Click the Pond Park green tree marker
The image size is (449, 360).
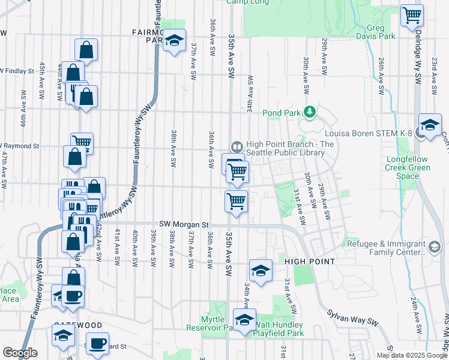tap(310, 112)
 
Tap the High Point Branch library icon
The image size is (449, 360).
tap(237, 146)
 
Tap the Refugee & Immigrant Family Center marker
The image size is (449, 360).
tap(435, 246)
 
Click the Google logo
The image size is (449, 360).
tap(20, 352)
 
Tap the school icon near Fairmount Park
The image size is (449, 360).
tap(174, 40)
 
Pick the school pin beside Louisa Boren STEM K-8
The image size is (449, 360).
tap(429, 125)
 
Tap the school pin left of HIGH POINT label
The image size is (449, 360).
tap(261, 271)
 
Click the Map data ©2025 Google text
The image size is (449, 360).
tap(412, 355)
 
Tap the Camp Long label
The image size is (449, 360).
tap(246, 2)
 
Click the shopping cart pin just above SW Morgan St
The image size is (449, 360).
tap(237, 202)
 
